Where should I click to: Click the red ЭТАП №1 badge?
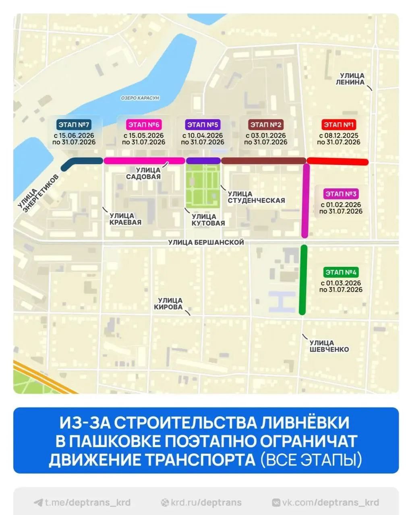point(338,125)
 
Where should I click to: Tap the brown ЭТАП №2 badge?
point(265,125)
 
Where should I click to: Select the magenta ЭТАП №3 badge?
point(341,194)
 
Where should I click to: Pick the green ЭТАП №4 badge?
point(341,272)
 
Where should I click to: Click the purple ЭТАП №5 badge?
point(203,125)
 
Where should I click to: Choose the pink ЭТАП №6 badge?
point(144,125)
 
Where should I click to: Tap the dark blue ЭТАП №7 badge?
point(74,125)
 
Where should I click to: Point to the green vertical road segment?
point(303,280)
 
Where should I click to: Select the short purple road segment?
point(203,161)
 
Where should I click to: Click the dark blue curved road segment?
point(81,162)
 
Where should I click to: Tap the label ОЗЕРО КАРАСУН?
point(140,98)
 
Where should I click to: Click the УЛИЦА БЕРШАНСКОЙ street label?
point(206,242)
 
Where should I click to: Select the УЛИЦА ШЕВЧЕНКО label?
point(329,346)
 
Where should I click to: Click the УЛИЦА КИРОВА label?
point(170,304)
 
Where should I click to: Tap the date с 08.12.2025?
point(339,136)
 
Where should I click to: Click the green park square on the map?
point(203,186)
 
